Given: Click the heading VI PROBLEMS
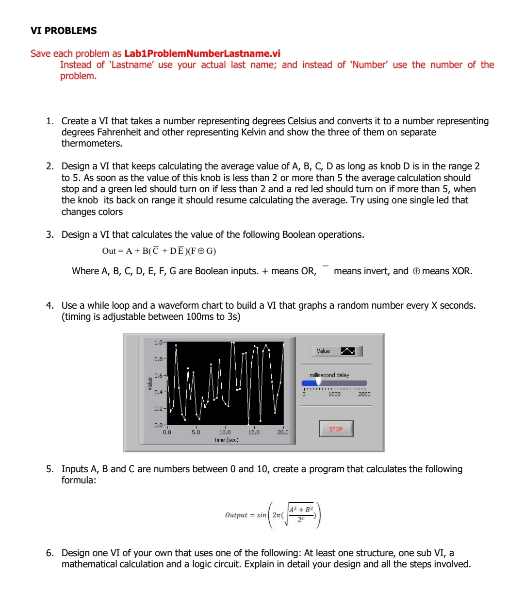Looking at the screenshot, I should coord(64,31).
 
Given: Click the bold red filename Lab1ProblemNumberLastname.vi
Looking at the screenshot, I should coord(202,53).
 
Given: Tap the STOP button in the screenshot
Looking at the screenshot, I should coord(336,429).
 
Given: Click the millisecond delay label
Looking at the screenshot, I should coord(329,375).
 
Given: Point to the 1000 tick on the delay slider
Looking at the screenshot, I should coord(334,395).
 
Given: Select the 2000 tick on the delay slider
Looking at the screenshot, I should coord(364,395).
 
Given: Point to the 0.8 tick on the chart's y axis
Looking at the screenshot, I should coord(159,359).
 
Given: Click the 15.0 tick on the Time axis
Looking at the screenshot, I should coord(254,432).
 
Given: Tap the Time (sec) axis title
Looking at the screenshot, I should coord(226,440).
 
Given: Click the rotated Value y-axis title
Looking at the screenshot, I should coord(150,383).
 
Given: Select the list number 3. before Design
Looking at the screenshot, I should coord(50,235).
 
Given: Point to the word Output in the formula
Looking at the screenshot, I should coord(236,515).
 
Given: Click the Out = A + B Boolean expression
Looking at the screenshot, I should coord(159,251).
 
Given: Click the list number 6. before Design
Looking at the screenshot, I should coord(50,553).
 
